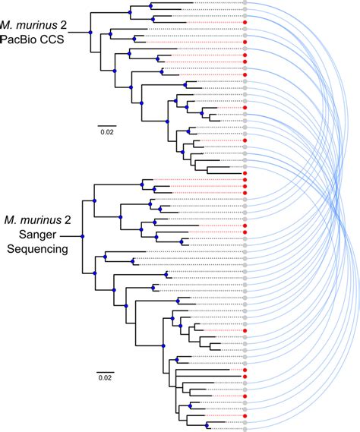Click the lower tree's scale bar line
[105, 369]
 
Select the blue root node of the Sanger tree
[82, 236]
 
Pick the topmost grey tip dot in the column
[245, 5]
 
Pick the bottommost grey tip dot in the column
[245, 428]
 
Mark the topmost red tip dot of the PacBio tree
[245, 24]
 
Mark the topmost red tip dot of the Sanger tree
[245, 181]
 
